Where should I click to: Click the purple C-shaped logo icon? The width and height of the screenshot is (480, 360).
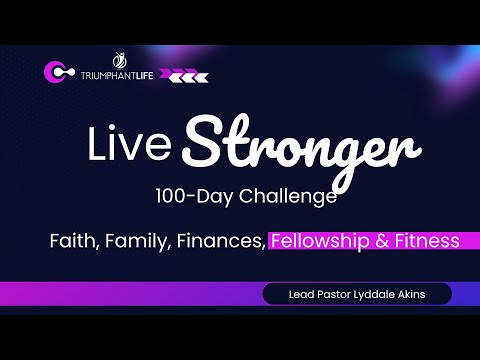pos(56,73)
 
